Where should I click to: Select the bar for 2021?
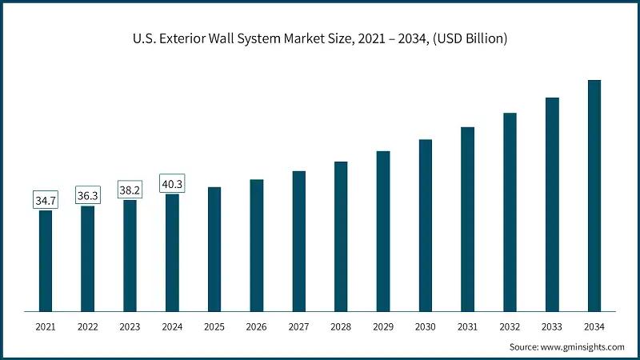46,260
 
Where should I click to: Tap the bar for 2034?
594,195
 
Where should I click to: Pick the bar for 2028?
341,236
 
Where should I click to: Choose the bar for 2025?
214,249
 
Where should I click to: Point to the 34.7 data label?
46,199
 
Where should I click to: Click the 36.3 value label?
88,194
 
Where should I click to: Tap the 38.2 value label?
130,188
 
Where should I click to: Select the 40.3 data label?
172,182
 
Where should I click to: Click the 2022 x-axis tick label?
88,326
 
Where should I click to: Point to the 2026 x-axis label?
257,326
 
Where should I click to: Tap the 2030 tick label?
426,326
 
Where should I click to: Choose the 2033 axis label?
552,326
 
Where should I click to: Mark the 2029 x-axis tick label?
383,326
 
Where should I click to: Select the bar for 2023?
130,255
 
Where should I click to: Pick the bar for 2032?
510,212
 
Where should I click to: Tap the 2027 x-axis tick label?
299,326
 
